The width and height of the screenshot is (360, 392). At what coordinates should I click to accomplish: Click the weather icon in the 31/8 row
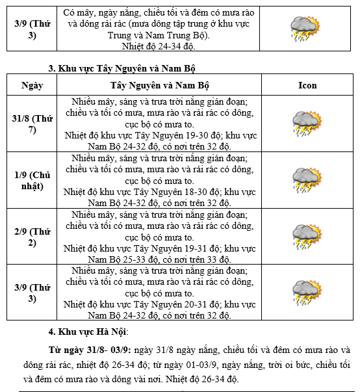point(307,124)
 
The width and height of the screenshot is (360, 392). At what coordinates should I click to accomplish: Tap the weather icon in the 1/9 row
point(307,180)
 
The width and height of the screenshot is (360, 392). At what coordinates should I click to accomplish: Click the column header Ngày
point(32,85)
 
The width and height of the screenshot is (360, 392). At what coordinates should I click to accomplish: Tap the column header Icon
point(307,85)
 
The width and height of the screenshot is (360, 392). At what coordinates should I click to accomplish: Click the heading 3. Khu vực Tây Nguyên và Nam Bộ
point(122,68)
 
